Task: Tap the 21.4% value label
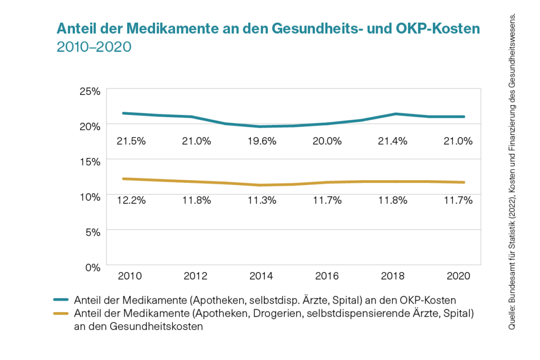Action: tap(394, 142)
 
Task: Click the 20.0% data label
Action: tap(327, 142)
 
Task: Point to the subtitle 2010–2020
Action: tap(93, 46)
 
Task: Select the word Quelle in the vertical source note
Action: tap(512, 319)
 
